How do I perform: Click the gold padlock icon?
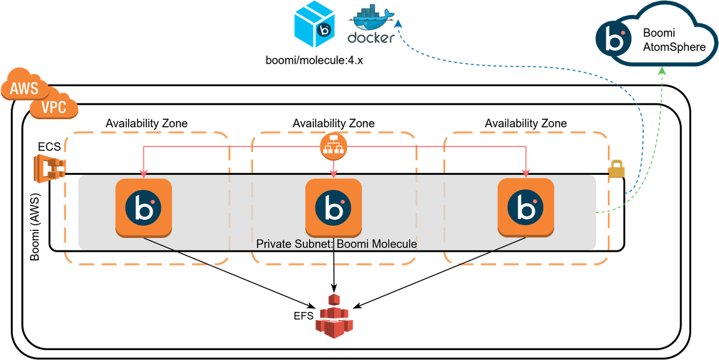[617, 169]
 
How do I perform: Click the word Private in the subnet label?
[274, 244]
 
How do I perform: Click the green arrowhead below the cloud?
[662, 71]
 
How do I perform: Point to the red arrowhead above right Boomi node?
[526, 172]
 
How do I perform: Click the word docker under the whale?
[370, 38]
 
